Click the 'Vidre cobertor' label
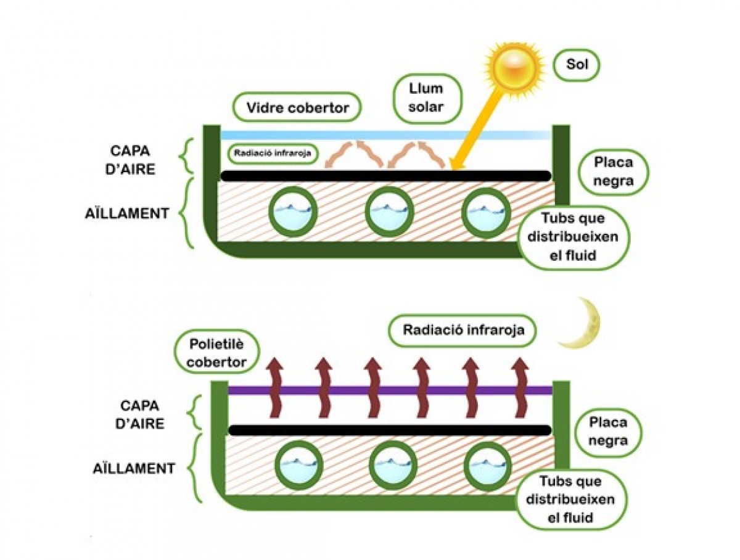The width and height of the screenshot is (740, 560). tap(297, 109)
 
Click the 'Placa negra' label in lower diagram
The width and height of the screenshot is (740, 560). tap(608, 432)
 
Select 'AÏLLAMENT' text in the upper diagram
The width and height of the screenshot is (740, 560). tap(127, 213)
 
